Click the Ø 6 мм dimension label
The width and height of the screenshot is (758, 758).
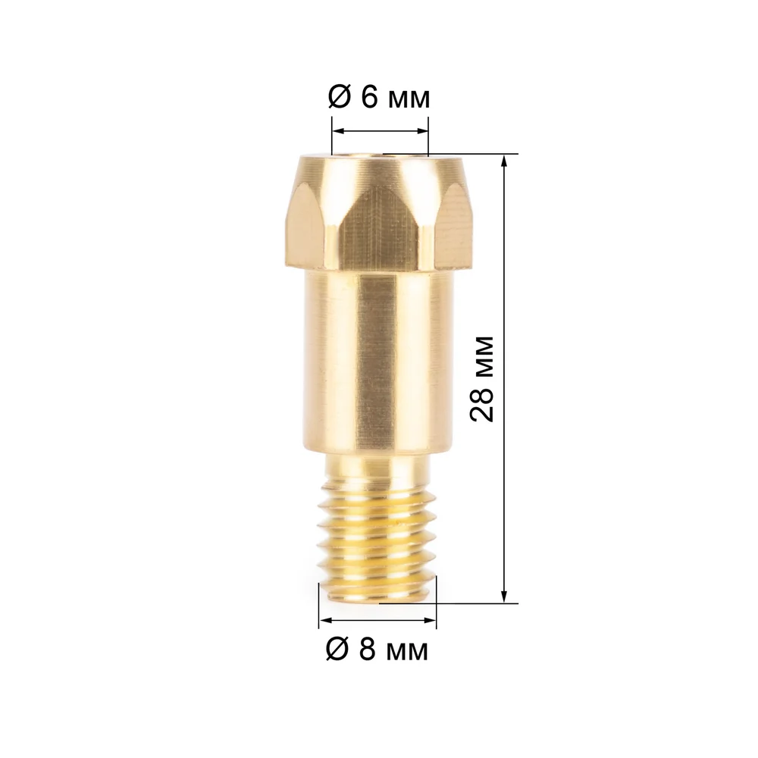coord(378,98)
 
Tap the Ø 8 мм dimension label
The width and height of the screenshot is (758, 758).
coord(377,650)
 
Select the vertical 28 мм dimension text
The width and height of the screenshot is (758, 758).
coord(482,378)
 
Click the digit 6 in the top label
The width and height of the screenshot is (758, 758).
coord(370,98)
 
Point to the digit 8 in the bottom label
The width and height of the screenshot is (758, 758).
coord(368,650)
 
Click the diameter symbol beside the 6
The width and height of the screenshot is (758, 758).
coord(339,98)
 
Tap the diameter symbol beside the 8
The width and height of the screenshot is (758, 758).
coord(337,650)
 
